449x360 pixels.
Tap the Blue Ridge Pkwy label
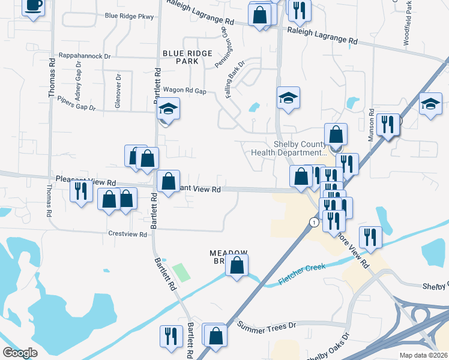tap(129, 16)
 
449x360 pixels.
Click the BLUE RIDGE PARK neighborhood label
tap(187, 57)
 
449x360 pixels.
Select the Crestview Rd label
tap(128, 235)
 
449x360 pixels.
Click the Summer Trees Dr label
tap(267, 326)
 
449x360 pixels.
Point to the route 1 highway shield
tap(314, 222)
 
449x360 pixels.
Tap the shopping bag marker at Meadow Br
tap(237, 265)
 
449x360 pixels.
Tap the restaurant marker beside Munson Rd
tap(388, 125)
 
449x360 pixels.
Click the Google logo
tap(20, 353)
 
